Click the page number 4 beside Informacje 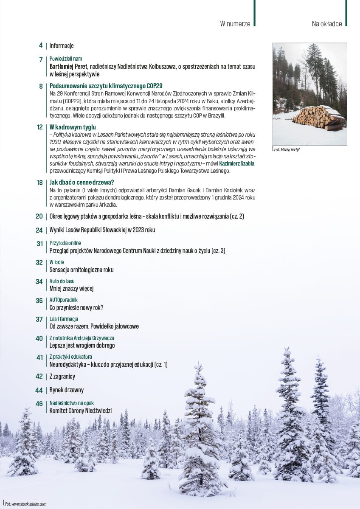[x=41, y=45]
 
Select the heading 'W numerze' [x=235, y=24]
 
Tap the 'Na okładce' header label [x=326, y=24]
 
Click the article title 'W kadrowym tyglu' [x=73, y=127]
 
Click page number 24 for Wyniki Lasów [x=39, y=230]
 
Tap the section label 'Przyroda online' [x=65, y=243]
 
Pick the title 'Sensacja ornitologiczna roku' [x=82, y=270]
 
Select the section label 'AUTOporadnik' [x=64, y=300]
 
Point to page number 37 [x=39, y=319]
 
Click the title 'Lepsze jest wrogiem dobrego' [x=82, y=346]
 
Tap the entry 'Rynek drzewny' [x=67, y=390]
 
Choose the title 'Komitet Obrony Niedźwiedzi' [x=81, y=411]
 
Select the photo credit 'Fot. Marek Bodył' [x=287, y=149]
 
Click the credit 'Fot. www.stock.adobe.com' [x=25, y=504]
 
